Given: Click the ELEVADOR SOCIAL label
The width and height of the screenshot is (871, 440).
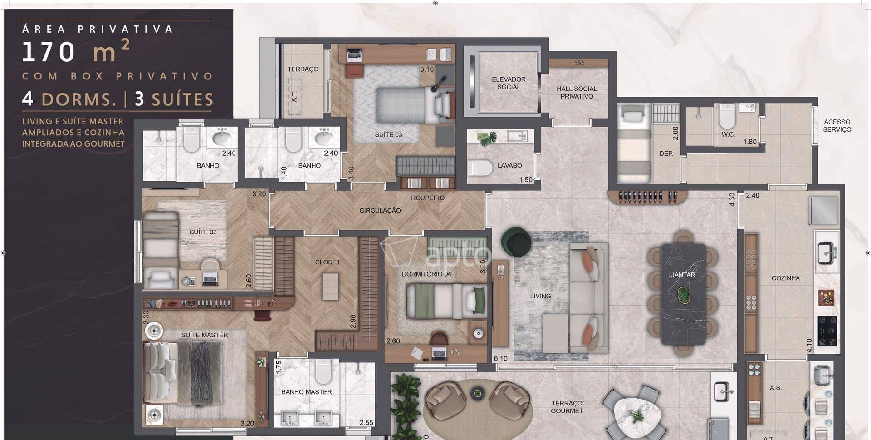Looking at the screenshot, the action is [x=509, y=83].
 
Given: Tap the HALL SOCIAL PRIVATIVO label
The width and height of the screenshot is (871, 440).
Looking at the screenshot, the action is [x=577, y=93].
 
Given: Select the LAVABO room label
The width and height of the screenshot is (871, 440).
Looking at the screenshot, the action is [x=509, y=166].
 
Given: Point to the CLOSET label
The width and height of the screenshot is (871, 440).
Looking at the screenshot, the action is [x=328, y=262].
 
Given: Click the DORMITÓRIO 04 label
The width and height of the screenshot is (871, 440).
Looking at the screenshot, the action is [x=426, y=274].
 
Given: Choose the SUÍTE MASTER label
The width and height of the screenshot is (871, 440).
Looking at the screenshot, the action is [x=205, y=335].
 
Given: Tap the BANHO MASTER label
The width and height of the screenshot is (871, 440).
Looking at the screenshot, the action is [x=307, y=392].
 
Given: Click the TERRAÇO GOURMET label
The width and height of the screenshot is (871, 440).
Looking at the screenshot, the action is [x=567, y=407].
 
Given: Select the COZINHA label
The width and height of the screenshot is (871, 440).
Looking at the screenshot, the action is [x=786, y=278].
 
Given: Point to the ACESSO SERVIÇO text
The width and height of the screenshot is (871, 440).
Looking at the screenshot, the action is [x=837, y=126].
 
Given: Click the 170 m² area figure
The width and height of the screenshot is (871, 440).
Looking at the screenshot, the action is [x=76, y=51].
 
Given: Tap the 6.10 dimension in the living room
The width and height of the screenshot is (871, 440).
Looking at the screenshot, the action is [x=501, y=359].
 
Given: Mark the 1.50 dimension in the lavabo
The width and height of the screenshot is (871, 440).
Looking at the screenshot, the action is [x=526, y=180].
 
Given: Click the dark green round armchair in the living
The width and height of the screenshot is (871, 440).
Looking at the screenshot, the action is [x=517, y=242].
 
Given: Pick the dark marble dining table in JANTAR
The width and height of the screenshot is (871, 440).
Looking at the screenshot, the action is [x=683, y=295].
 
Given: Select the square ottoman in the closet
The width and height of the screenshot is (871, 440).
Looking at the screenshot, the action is [x=330, y=287].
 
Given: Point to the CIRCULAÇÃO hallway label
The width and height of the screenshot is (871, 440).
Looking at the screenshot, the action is [x=380, y=211].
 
